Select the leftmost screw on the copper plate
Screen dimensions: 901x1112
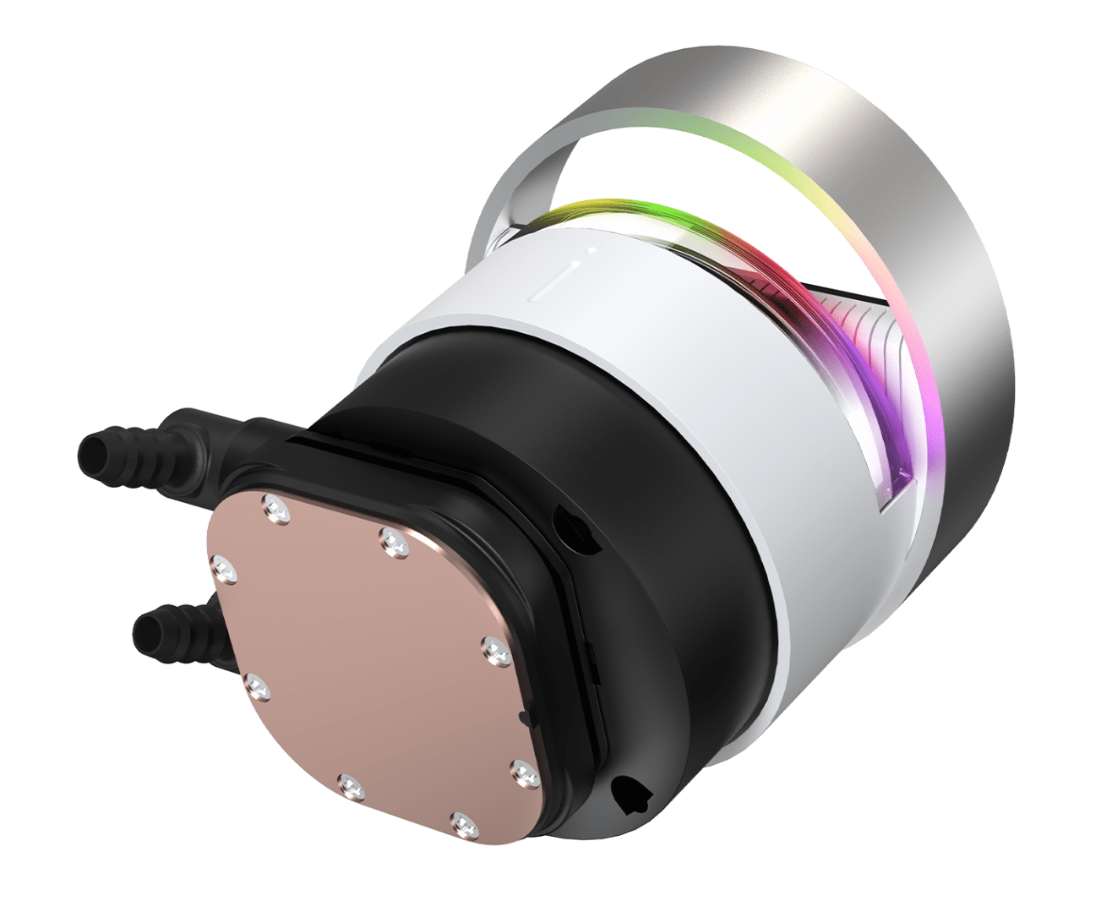coord(225,568)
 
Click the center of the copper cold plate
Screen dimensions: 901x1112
coord(372,668)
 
